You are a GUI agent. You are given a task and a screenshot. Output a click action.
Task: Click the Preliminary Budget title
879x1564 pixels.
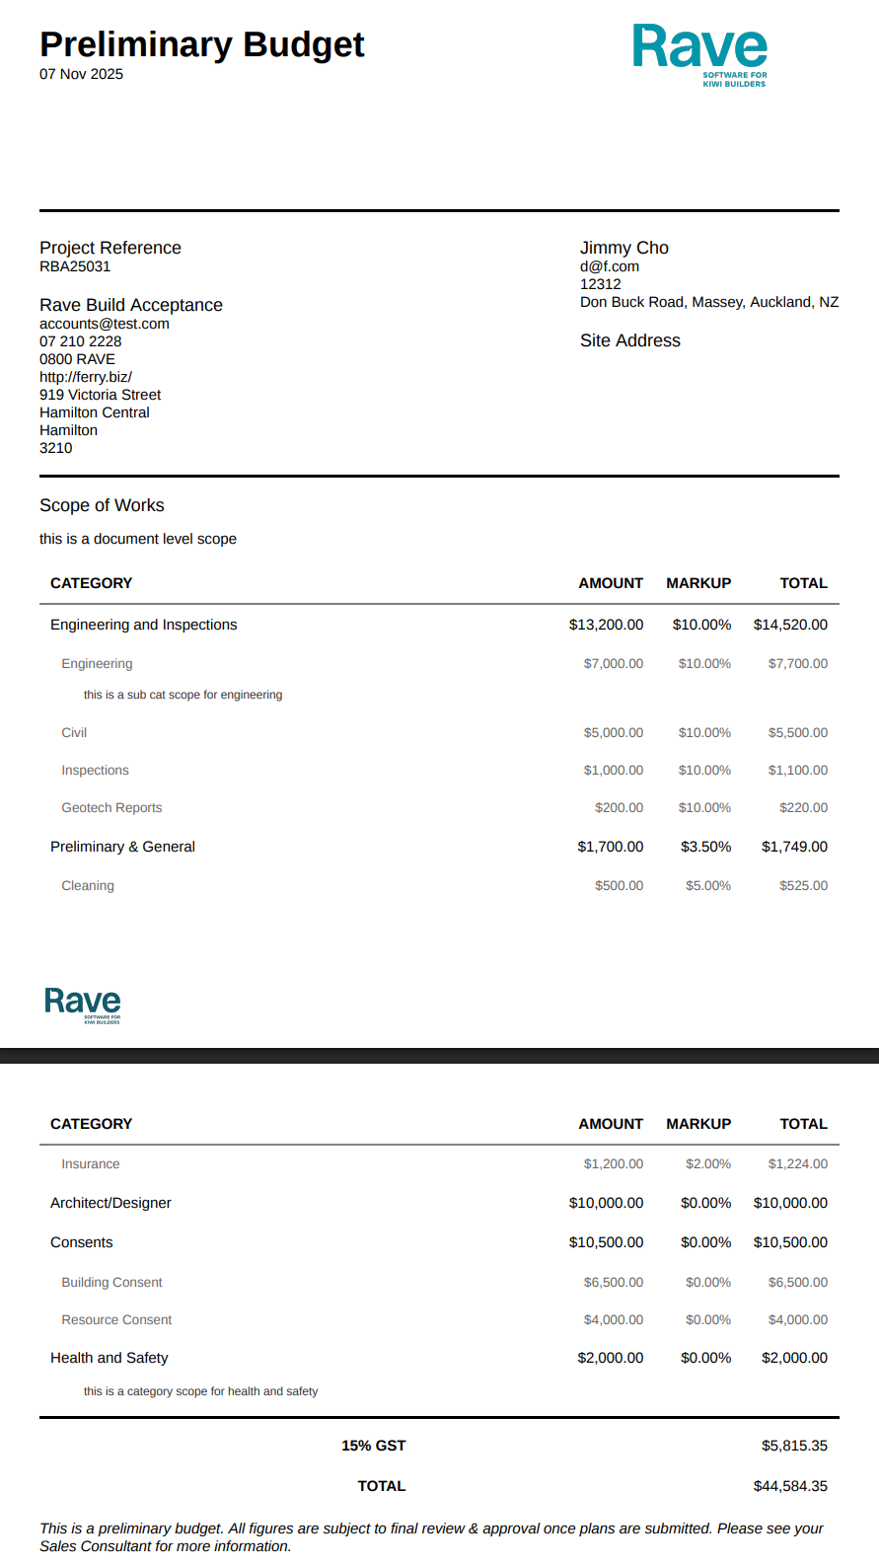coord(202,44)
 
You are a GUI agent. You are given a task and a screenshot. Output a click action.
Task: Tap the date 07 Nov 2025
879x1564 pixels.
coord(81,74)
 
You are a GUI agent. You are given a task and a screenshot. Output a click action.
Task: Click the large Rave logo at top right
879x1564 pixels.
coord(700,53)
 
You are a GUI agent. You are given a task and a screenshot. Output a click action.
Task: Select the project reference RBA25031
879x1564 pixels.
coord(75,266)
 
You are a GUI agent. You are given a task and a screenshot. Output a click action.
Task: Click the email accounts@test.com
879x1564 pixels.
coord(105,324)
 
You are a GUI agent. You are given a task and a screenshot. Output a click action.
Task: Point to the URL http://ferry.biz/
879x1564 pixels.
coord(86,377)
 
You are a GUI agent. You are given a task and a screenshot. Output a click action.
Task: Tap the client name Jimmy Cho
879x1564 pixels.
coord(624,248)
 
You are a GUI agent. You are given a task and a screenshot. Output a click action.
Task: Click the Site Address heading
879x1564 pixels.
coord(630,340)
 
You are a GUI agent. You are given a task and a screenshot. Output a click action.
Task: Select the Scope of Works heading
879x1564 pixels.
coord(102,505)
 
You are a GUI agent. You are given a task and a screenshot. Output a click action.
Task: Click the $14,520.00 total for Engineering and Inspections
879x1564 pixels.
coord(790,625)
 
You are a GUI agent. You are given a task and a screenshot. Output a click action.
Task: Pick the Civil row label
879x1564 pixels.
coord(74,733)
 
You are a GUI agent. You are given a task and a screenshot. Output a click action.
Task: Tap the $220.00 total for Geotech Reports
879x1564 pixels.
coord(803,808)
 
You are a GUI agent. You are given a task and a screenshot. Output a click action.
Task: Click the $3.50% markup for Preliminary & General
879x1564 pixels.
coord(705,847)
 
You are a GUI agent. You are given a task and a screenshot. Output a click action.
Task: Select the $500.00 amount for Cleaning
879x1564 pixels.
coord(619,886)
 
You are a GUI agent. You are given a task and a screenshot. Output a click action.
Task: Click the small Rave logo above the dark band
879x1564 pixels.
coord(83,1005)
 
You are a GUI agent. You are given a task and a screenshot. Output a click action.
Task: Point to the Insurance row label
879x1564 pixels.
coord(91,1164)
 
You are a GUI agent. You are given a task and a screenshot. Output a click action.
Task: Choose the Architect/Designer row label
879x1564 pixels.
coord(110,1203)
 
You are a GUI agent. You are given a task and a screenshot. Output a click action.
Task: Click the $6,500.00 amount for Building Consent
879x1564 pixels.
coord(613,1283)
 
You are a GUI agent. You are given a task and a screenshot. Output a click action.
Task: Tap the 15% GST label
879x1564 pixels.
coord(373,1446)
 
